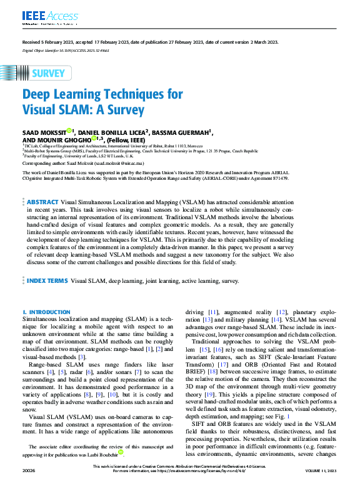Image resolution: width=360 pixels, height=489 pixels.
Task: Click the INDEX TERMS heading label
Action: tap(47, 282)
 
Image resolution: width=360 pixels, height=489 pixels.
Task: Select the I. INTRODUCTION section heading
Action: tap(46, 312)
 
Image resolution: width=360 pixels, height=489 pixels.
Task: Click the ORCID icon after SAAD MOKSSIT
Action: tap(69, 131)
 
